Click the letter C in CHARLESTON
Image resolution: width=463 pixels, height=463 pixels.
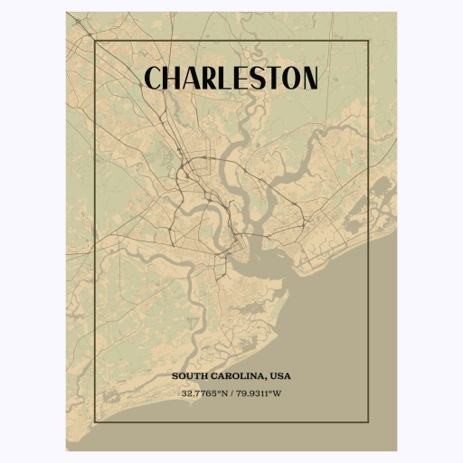[155, 79]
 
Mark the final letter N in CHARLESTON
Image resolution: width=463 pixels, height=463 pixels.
[309, 79]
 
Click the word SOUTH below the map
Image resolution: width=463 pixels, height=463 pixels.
[188, 375]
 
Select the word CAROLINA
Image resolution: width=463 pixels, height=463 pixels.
[236, 375]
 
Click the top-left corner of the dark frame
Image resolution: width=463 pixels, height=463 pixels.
[95, 41]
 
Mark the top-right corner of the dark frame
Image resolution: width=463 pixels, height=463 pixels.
[368, 41]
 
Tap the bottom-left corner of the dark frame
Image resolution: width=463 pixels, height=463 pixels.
[95, 422]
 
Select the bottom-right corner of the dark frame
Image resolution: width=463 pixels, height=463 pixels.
[368, 422]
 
